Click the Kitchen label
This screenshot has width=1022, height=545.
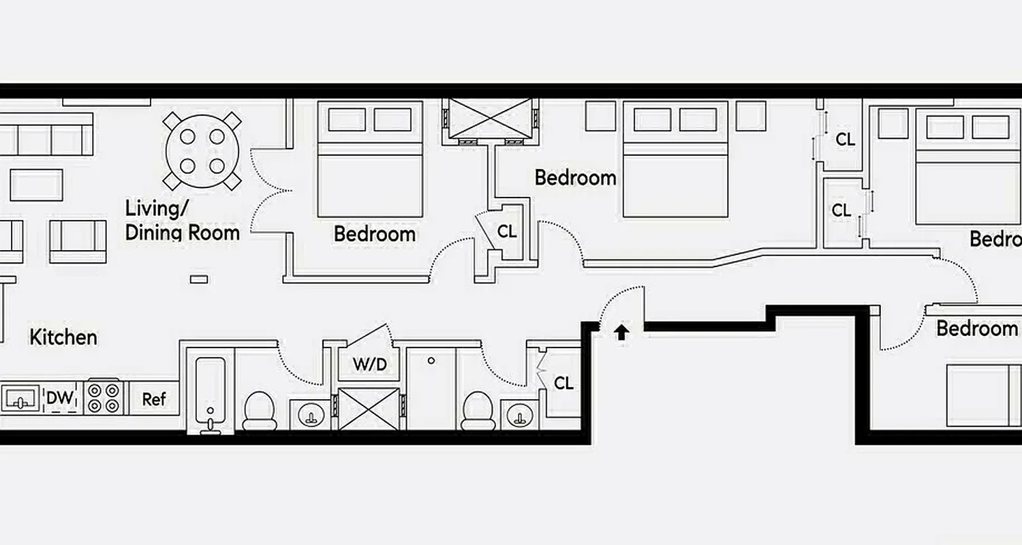pos(63,337)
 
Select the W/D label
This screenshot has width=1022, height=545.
pos(369,364)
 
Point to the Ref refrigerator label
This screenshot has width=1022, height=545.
pos(154,399)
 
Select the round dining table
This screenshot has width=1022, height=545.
pos(202,151)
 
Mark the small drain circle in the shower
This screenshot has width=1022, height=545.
pos(431,360)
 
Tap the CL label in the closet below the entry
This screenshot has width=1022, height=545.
pos(563,383)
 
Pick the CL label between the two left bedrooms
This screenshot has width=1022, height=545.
pos(507,232)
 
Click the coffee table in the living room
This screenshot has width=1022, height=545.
pos(36,185)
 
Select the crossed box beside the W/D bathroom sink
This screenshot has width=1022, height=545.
pos(369,408)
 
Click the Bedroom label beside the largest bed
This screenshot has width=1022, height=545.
pos(575,178)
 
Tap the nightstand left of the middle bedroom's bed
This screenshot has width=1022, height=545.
pos(600,116)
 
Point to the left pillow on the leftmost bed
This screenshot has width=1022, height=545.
pos(347,119)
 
